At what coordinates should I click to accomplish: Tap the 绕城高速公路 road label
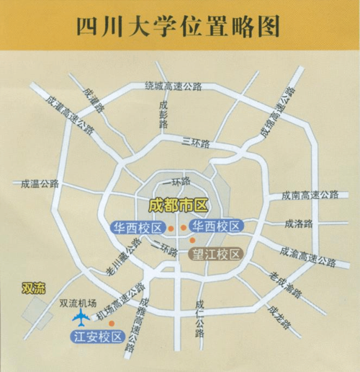pos(173,86)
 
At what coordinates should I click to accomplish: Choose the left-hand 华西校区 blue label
pos(138,228)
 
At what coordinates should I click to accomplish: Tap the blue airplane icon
pos(81,318)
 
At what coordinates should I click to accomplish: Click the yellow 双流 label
pos(33,288)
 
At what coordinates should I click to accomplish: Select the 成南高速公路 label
pos(310,195)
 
